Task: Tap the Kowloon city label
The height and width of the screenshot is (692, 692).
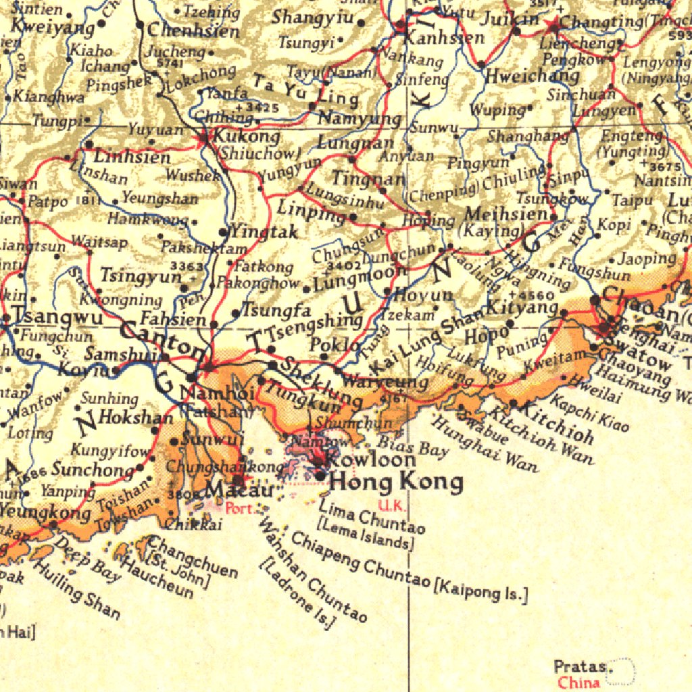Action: point(371,460)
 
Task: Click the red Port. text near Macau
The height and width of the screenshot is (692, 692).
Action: point(241,508)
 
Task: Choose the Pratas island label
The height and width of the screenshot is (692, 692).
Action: point(579,667)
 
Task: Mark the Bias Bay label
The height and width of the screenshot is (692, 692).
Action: point(403,446)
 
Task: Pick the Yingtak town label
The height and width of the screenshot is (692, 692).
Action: point(264,232)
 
